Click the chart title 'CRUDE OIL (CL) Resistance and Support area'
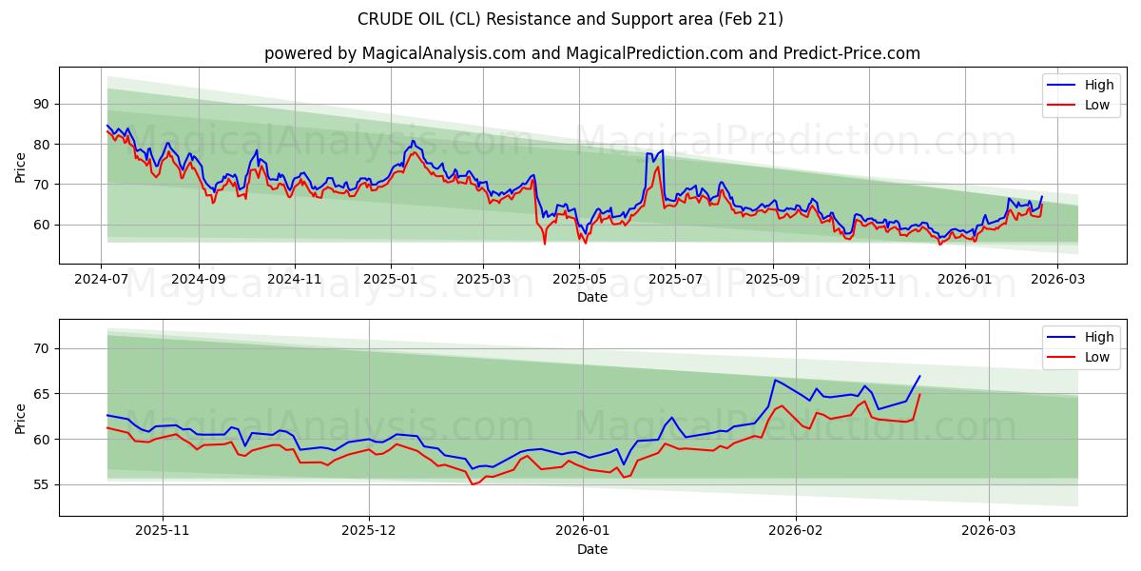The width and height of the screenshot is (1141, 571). click(570, 19)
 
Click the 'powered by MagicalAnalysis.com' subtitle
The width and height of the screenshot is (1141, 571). click(395, 53)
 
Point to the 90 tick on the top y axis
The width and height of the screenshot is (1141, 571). click(42, 104)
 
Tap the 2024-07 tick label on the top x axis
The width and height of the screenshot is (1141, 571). click(101, 280)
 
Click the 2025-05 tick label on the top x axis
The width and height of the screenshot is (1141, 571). click(579, 280)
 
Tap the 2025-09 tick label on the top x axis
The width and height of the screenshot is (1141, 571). click(772, 280)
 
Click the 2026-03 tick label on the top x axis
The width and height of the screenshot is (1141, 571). click(1057, 280)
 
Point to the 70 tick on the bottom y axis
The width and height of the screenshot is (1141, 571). click(42, 348)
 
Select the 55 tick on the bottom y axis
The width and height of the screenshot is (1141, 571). click(42, 484)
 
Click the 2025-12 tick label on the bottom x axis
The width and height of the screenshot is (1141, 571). click(368, 532)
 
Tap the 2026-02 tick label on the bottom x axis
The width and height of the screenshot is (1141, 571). click(794, 532)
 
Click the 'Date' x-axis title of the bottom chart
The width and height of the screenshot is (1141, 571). click(591, 549)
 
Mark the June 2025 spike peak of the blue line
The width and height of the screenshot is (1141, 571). click(662, 150)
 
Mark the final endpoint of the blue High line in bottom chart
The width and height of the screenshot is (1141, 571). click(919, 376)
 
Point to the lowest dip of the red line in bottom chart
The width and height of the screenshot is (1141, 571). click(472, 484)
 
